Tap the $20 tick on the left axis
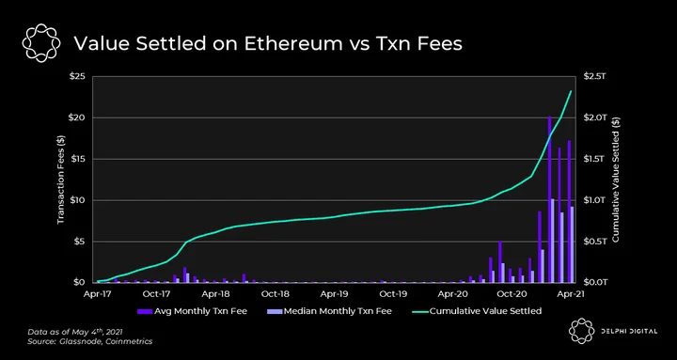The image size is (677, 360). tap(77, 117)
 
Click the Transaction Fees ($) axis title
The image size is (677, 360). tap(60, 180)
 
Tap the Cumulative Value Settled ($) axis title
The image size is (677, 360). tap(616, 180)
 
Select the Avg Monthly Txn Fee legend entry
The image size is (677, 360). tap(192, 311)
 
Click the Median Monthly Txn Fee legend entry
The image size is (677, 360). tap(329, 311)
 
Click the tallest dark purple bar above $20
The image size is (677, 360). tap(550, 199)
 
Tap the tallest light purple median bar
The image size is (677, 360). tap(553, 241)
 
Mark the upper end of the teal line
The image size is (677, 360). tap(571, 91)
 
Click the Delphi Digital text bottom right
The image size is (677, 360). tap(628, 332)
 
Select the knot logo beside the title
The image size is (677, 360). tap(41, 43)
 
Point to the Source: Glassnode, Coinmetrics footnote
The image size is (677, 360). tap(90, 341)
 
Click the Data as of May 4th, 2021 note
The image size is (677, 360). tap(75, 333)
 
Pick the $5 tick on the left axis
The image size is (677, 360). tap(79, 242)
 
